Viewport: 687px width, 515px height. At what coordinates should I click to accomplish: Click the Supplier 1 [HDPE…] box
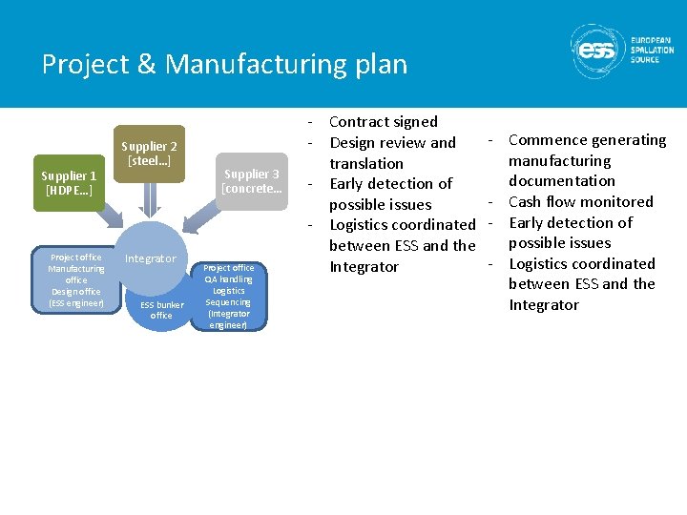69,183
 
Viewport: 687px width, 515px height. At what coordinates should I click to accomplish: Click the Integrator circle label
151,258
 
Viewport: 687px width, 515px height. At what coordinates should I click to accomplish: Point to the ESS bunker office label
161,310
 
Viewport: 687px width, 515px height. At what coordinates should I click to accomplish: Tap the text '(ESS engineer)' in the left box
76,303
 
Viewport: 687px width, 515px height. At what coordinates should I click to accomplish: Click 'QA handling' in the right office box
229,279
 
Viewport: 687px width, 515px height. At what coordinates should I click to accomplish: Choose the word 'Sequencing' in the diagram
229,302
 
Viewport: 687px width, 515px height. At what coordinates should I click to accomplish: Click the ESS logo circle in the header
597,51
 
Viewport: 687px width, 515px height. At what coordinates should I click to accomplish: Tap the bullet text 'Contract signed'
383,122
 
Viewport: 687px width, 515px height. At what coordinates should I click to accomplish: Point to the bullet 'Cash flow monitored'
580,201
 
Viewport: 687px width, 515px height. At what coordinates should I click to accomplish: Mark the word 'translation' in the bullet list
366,163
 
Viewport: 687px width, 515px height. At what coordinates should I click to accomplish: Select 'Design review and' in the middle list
392,143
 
